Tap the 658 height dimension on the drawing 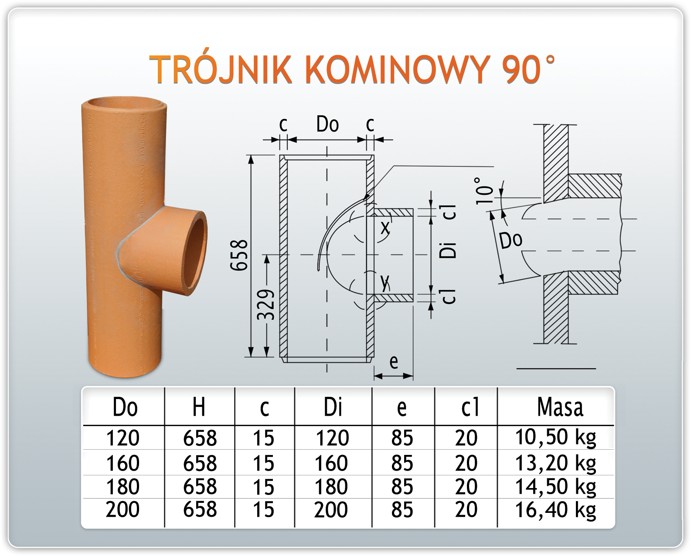239,255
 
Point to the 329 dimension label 266,305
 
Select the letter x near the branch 385,227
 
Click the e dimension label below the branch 394,361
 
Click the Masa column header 560,407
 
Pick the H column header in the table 199,407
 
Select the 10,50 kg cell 555,437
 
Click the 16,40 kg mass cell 555,509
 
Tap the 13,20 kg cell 555,463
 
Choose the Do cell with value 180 123,487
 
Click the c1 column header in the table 470,407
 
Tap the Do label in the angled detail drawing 511,240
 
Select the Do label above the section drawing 327,125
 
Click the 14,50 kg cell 555,487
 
